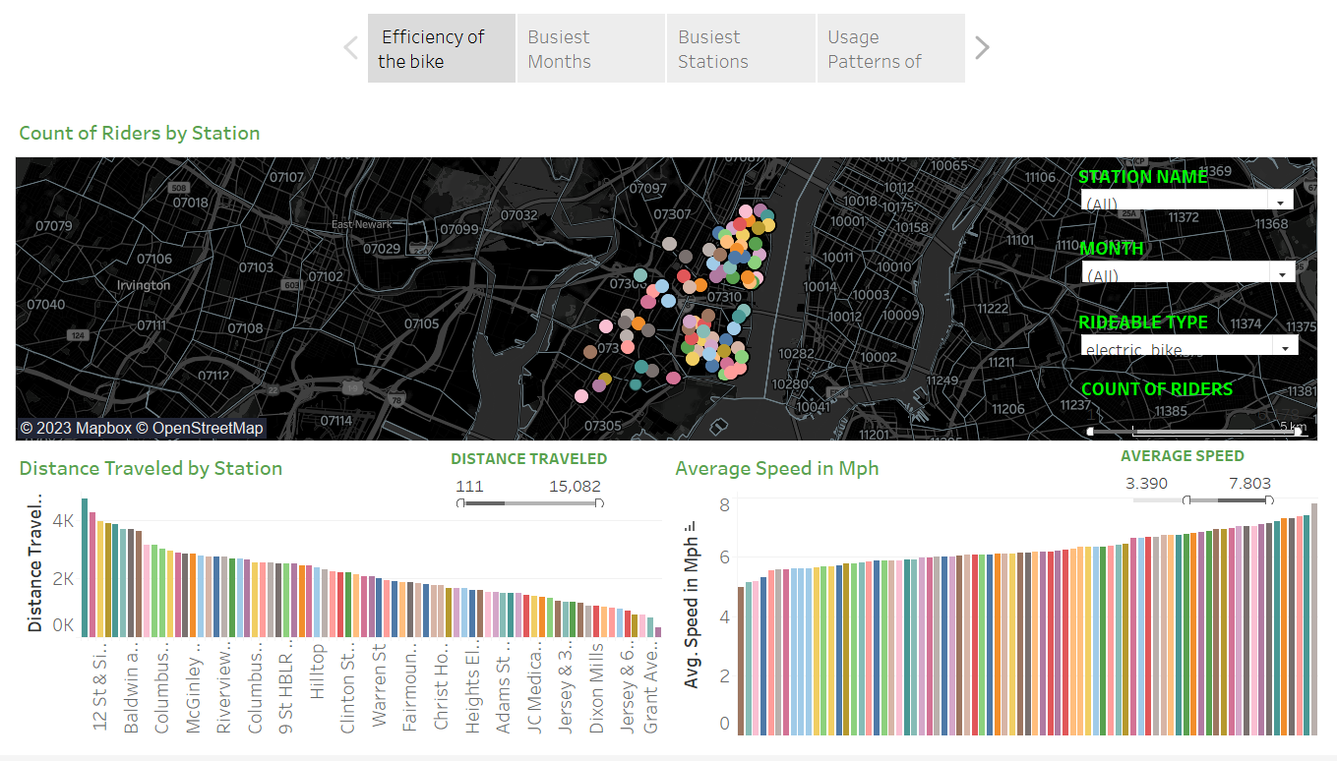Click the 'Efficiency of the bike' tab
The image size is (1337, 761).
[441, 48]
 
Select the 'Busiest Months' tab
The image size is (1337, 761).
[591, 48]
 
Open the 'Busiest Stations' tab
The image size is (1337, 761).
[741, 48]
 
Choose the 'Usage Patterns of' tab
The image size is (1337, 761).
[890, 48]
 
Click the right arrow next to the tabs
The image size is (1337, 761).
[981, 47]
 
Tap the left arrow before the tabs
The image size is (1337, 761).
[351, 47]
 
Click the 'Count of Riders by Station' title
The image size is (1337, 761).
[140, 133]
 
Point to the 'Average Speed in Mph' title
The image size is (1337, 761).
[776, 468]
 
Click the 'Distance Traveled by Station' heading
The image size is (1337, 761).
[151, 468]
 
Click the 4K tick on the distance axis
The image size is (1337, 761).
[63, 520]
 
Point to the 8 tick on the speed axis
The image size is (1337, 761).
[724, 505]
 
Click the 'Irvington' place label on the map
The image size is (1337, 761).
[144, 285]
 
